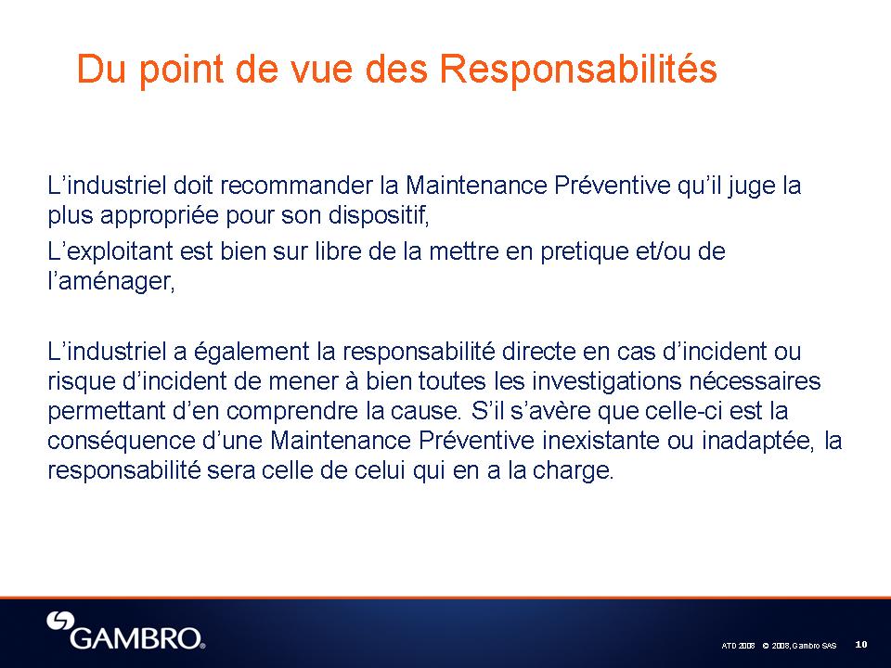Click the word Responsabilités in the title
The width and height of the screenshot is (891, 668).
tap(578, 70)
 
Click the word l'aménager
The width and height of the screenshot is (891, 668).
tap(111, 282)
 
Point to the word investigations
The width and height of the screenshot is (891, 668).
tap(606, 382)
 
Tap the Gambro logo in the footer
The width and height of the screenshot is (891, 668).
tap(125, 631)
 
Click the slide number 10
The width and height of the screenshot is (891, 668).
tap(861, 644)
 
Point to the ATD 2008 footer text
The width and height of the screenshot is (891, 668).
tap(738, 646)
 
